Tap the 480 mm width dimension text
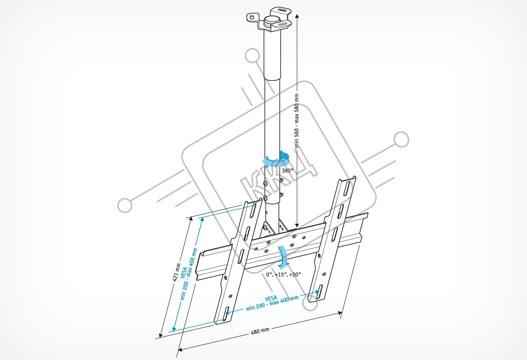pyautogui.click(x=260, y=331)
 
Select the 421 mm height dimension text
pyautogui.click(x=177, y=273)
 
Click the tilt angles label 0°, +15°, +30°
pyautogui.click(x=283, y=274)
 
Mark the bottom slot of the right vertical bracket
pyautogui.click(x=319, y=292)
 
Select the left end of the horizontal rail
pyautogui.click(x=200, y=264)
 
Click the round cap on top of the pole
pyautogui.click(x=271, y=20)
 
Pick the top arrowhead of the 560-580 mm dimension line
pyautogui.click(x=297, y=15)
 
